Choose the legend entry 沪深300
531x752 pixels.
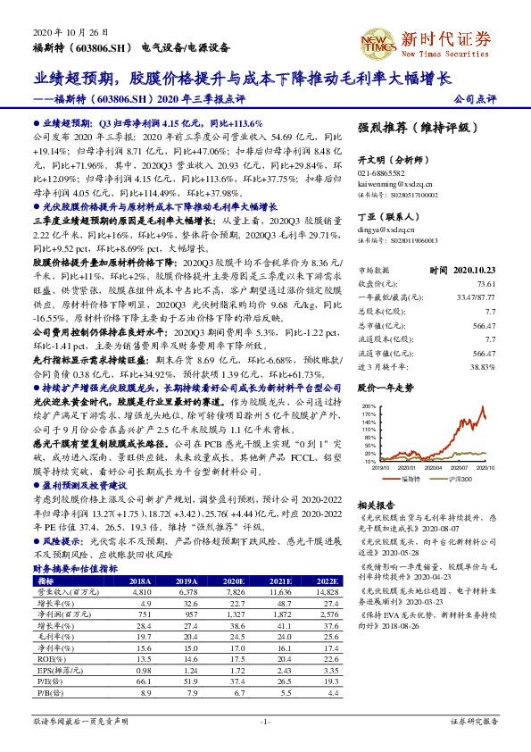[462, 478]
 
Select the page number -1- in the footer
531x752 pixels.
[265, 720]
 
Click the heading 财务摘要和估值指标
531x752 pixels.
[71, 567]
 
